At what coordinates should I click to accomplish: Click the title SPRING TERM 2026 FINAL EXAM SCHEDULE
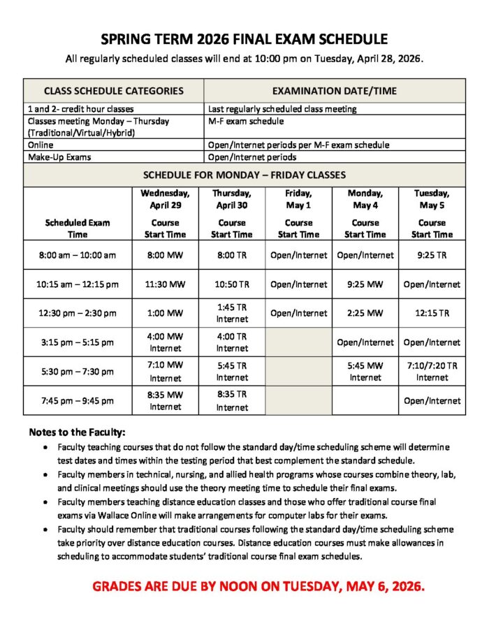click(x=244, y=39)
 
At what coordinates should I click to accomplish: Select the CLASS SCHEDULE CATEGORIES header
click(x=114, y=91)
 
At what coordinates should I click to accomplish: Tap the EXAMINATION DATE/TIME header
click(x=335, y=91)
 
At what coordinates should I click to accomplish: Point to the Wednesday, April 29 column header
click(x=165, y=199)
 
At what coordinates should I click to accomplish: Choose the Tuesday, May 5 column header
click(x=432, y=199)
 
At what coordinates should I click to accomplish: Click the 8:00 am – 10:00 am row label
click(x=78, y=255)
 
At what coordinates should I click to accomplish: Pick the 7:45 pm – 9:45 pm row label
click(x=78, y=401)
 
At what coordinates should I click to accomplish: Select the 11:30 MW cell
click(x=165, y=284)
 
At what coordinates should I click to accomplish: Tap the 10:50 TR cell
click(x=232, y=284)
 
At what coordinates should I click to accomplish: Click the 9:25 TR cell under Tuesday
click(x=432, y=255)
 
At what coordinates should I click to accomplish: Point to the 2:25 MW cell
click(x=365, y=313)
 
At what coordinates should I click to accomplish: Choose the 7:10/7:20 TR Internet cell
click(x=432, y=371)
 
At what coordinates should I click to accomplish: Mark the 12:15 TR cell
click(x=432, y=313)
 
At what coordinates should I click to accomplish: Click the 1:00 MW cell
click(x=165, y=313)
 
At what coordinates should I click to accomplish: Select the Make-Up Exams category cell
click(x=59, y=157)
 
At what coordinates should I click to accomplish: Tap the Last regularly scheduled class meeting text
click(x=282, y=109)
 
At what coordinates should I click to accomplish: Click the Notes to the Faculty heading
click(x=77, y=432)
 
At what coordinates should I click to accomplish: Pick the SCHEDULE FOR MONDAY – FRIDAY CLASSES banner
click(x=244, y=175)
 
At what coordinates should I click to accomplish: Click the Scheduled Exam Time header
click(x=78, y=228)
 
